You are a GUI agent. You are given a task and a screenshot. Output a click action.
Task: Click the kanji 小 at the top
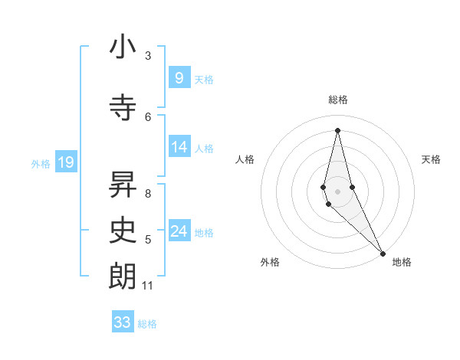pos(123,47)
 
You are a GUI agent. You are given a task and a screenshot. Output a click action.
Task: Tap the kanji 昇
pos(123,183)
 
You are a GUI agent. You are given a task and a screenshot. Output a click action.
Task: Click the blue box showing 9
pos(179,78)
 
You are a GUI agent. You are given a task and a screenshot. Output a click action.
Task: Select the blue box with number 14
pos(179,147)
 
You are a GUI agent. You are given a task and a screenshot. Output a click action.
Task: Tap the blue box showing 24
pos(179,231)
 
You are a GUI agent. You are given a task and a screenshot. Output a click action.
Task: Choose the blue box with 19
pos(65,162)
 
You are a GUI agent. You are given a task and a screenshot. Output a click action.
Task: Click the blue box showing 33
pos(123,322)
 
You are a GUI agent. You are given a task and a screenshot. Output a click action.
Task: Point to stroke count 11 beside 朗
pos(148,286)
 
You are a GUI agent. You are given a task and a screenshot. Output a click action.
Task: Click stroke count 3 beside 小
pos(148,55)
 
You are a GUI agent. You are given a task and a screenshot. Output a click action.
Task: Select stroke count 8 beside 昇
pos(148,193)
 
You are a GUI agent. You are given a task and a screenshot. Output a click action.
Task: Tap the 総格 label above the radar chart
pos(338,100)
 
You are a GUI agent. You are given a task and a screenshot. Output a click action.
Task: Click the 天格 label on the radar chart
pos(431,159)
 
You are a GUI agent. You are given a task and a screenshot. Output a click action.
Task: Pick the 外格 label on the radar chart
pos(269,262)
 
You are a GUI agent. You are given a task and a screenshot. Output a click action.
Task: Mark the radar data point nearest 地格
pos(383,253)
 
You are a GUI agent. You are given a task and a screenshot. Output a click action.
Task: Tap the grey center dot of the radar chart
pos(338,191)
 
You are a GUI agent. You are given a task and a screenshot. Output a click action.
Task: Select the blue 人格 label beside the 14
pos(204,148)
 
